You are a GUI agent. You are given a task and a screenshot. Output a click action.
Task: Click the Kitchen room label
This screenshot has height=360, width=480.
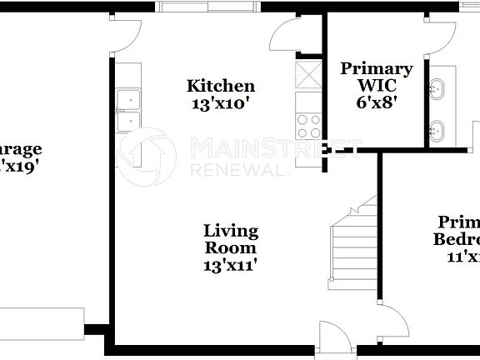click(x=221, y=86)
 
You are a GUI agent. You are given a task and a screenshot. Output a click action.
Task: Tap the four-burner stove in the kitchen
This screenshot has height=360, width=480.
click(x=308, y=126)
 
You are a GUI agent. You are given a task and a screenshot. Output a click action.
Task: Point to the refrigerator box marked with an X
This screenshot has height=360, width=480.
click(x=308, y=75)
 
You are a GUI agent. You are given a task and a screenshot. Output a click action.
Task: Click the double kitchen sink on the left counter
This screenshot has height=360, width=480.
click(x=128, y=111)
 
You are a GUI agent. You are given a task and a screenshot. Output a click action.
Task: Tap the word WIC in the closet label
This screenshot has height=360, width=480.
click(x=376, y=86)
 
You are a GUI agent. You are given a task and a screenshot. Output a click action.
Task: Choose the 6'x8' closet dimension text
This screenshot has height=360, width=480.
click(x=376, y=103)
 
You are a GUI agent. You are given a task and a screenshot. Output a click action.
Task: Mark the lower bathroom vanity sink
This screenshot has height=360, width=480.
click(x=437, y=129)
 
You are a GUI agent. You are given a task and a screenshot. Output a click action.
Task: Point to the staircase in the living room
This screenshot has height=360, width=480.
click(x=353, y=242)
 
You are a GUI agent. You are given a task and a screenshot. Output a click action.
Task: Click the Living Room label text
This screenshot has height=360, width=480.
click(x=231, y=238)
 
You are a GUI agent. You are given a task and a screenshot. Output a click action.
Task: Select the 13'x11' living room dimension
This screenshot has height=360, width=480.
click(x=231, y=265)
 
